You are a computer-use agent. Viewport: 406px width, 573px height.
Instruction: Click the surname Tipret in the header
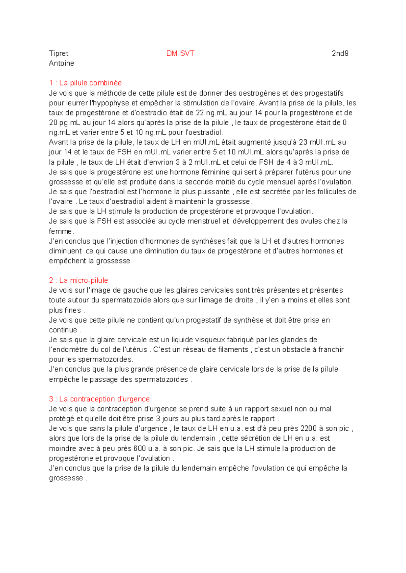[x=59, y=53]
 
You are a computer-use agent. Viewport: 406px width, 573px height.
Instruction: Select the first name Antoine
[x=61, y=63]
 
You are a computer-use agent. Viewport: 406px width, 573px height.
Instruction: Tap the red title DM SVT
[x=180, y=53]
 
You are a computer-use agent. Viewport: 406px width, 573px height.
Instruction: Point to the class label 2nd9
[x=340, y=53]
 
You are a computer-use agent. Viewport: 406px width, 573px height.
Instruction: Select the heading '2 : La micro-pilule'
[x=78, y=280]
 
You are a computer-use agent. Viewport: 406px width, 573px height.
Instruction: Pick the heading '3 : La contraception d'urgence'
[x=99, y=399]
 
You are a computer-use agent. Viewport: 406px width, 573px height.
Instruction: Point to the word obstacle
[x=297, y=350]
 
